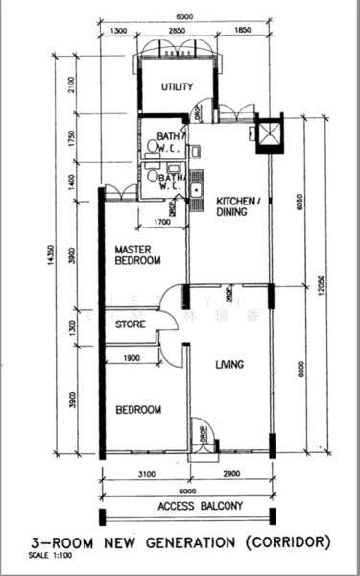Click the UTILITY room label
click(x=177, y=87)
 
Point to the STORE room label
click(x=131, y=325)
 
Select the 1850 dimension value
click(x=241, y=32)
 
